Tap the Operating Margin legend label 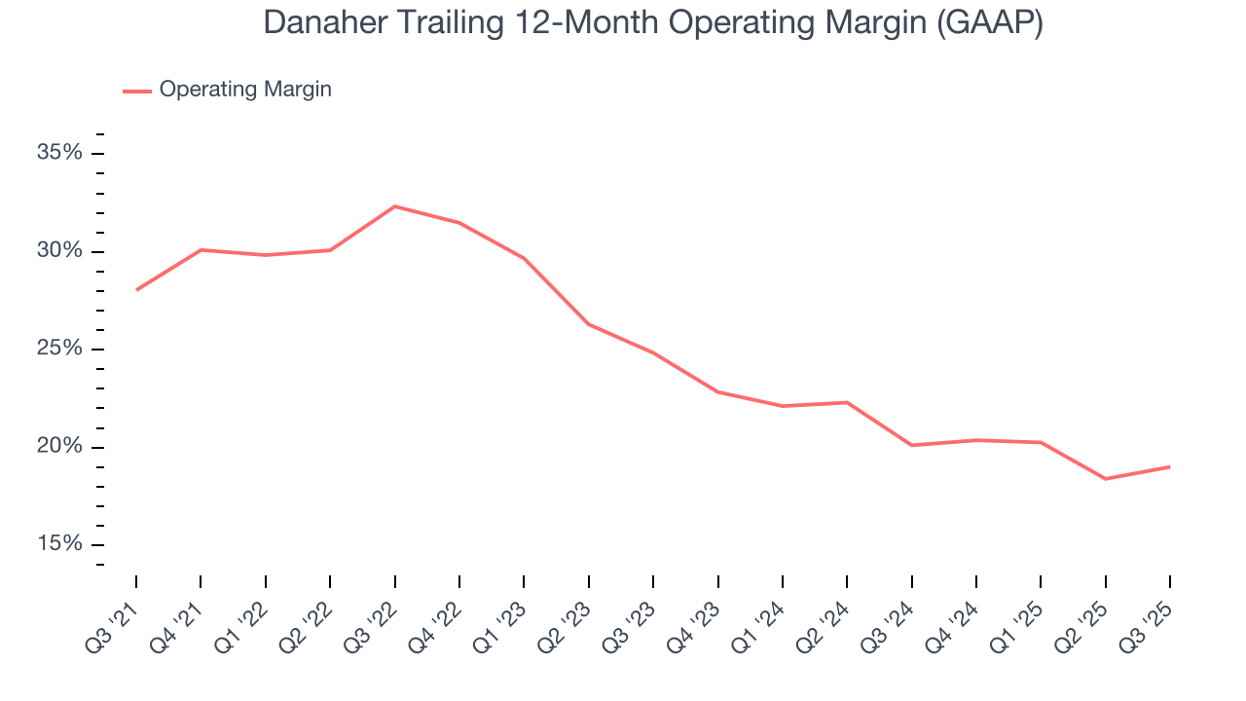[x=245, y=90]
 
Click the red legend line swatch [x=136, y=91]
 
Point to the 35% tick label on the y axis [x=59, y=154]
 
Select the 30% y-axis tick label [x=59, y=251]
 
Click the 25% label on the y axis [x=59, y=350]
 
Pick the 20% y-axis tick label [x=59, y=447]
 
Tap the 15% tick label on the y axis [x=59, y=544]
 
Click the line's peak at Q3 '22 [x=394, y=206]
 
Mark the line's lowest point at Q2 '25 [x=1105, y=479]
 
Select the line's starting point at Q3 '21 [x=136, y=290]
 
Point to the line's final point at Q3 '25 [x=1169, y=466]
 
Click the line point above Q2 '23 [x=588, y=324]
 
